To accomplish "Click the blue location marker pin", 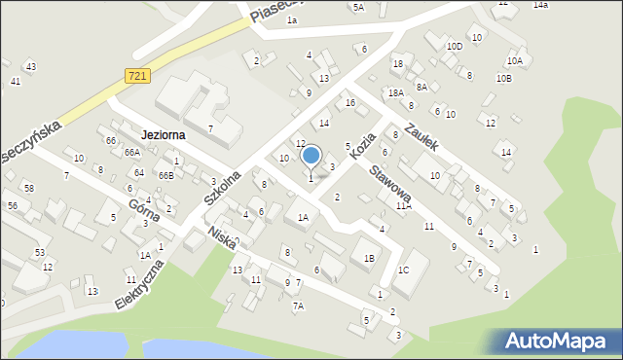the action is point(311,156).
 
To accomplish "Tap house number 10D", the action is point(454,46).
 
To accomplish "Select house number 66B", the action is point(166,175).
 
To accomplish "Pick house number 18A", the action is point(395,92).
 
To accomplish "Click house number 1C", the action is point(403,269).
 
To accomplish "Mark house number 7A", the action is point(299,306).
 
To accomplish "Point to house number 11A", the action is point(403,205).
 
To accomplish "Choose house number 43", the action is point(31,66).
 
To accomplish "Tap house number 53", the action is point(40,252).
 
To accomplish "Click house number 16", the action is point(349,102).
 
